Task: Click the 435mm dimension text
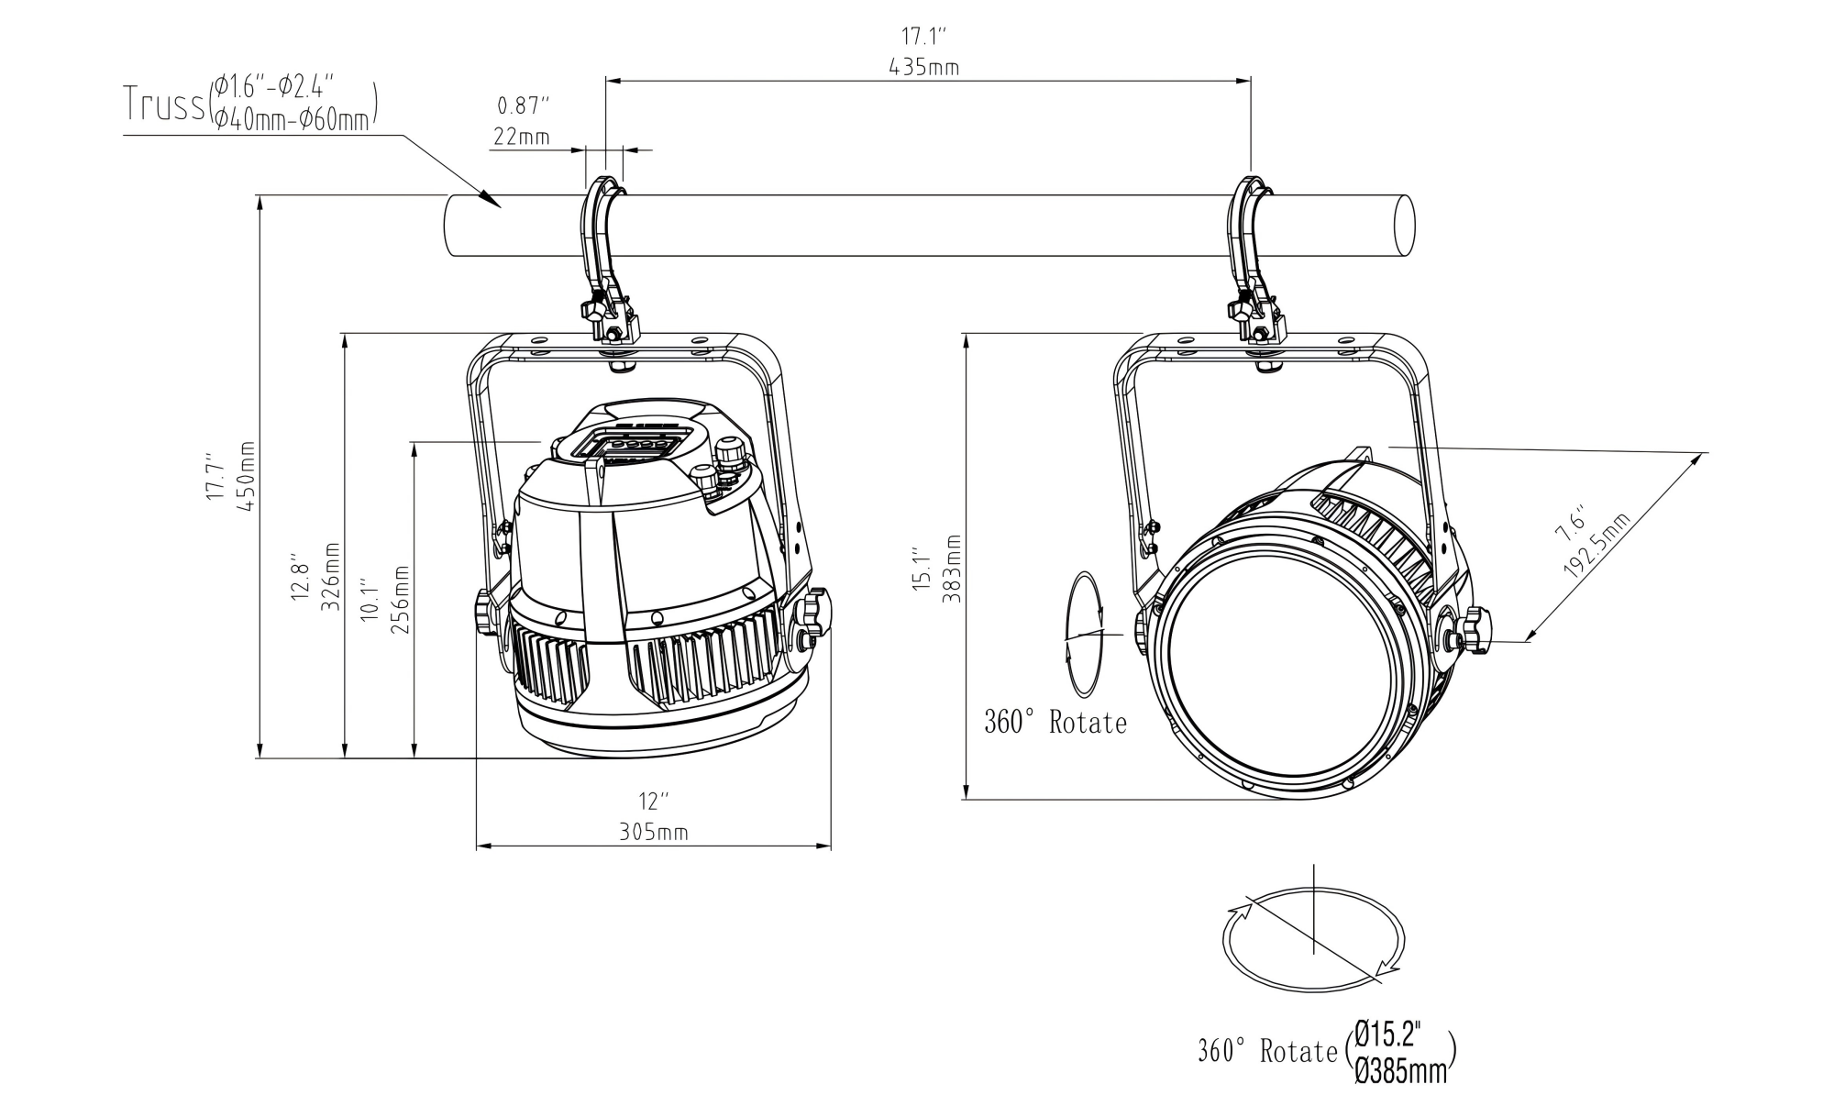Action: [x=923, y=67]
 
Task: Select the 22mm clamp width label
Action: [x=522, y=138]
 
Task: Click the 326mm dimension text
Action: [x=331, y=577]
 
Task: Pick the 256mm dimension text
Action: [x=401, y=601]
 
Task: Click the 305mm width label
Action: [x=653, y=832]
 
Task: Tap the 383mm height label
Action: [x=953, y=569]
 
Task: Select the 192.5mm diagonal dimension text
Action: [x=1597, y=547]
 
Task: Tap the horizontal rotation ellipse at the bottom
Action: [x=1313, y=939]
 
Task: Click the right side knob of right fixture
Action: [x=1475, y=630]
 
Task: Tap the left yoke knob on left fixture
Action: [x=485, y=612]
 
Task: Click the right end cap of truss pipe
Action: [x=1403, y=226]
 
